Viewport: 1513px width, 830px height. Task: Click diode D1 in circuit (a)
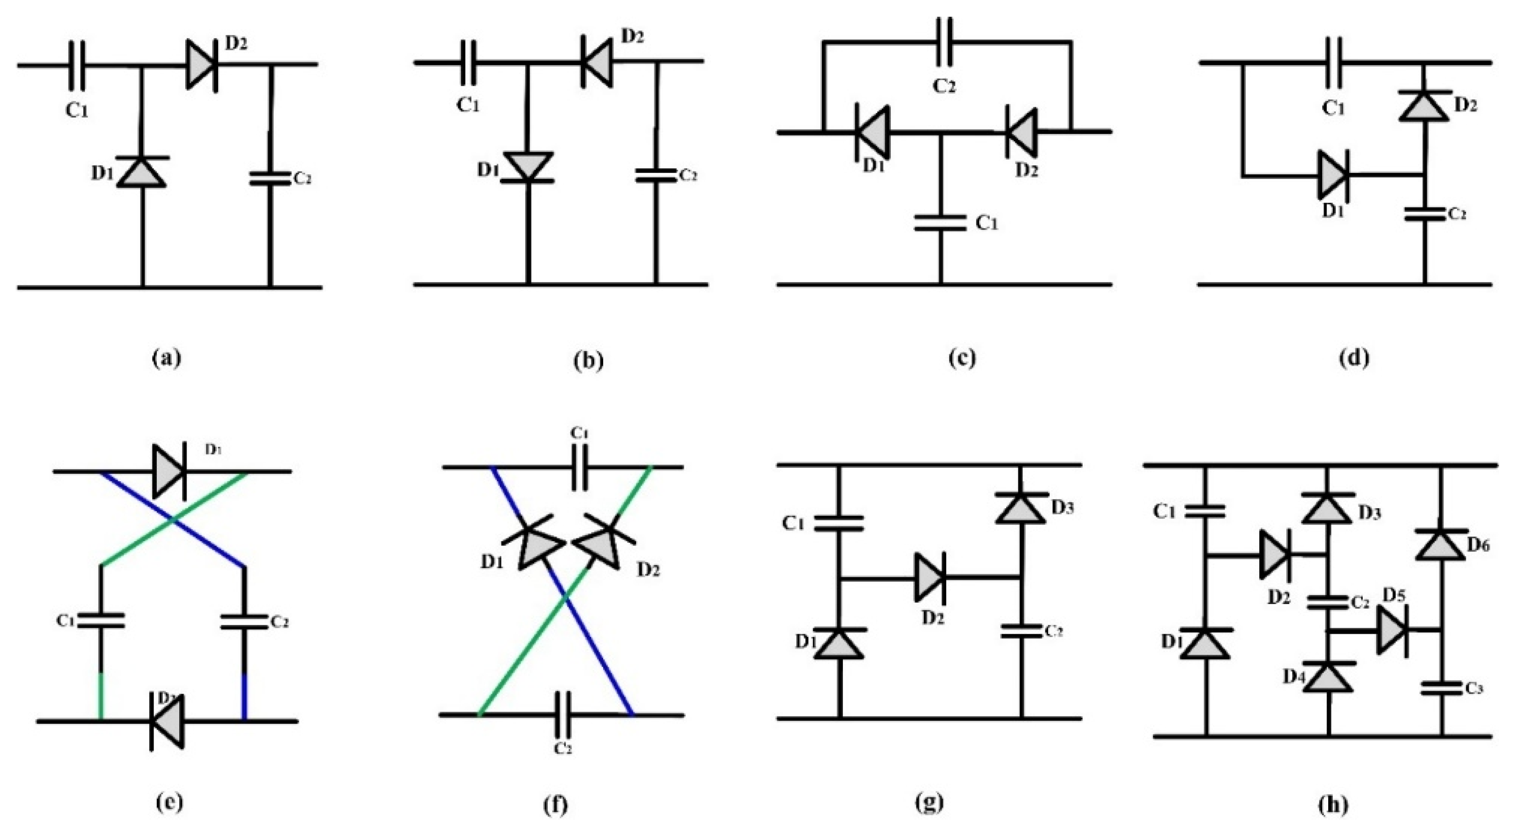[x=141, y=172]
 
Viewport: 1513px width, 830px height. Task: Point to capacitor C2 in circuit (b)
[x=657, y=175]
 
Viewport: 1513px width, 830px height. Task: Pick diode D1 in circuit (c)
[x=872, y=132]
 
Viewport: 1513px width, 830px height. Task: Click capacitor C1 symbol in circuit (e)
[x=101, y=620]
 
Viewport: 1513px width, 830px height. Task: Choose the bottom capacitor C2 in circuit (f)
[x=563, y=715]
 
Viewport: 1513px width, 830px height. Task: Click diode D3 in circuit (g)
[x=1022, y=508]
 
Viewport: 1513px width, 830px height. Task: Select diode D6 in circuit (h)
[x=1439, y=544]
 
